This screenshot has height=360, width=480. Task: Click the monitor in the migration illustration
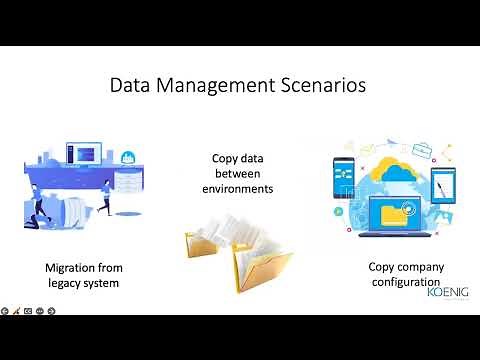(x=84, y=154)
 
